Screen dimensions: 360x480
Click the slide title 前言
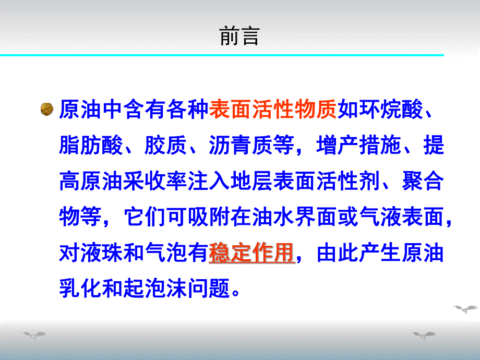pos(239,37)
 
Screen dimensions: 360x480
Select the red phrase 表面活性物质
pos(273,110)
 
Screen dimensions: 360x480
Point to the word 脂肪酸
pos(91,146)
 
